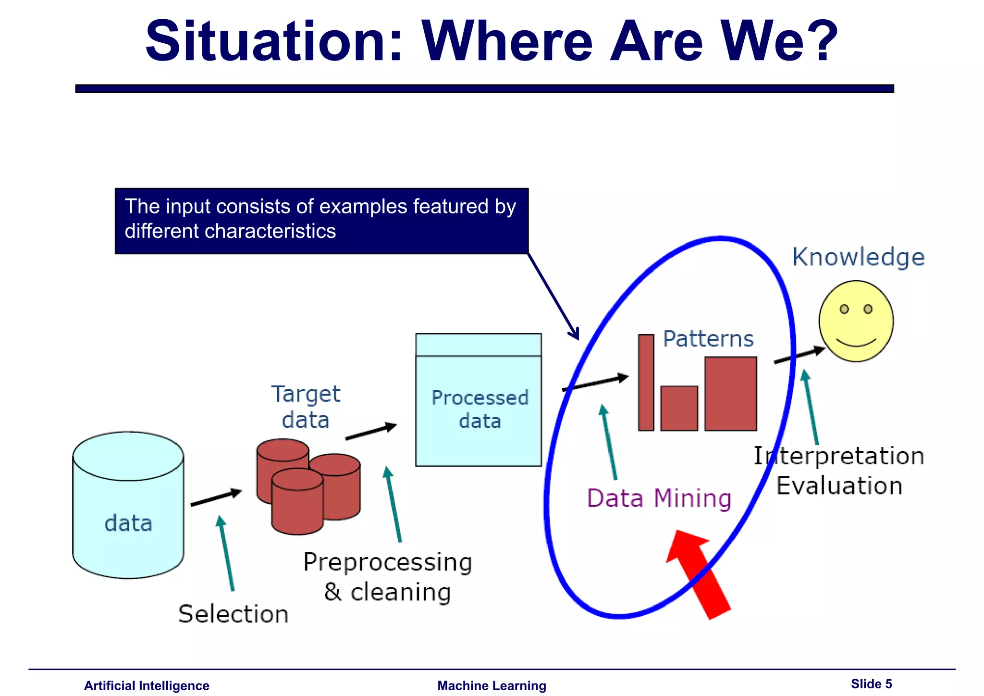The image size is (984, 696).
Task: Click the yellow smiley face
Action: click(856, 321)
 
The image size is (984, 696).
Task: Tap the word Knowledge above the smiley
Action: click(858, 257)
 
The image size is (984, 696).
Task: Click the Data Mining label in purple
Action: click(659, 498)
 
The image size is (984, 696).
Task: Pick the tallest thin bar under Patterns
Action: click(646, 382)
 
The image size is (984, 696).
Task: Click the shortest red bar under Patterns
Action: click(679, 408)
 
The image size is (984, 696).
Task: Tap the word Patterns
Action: click(708, 339)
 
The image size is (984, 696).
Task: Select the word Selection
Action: click(233, 614)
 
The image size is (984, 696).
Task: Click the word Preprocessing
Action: click(388, 562)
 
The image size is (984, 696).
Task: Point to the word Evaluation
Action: click(839, 485)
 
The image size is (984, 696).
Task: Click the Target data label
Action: click(306, 407)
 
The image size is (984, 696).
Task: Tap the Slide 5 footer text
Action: click(871, 684)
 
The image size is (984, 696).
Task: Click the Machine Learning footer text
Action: click(492, 685)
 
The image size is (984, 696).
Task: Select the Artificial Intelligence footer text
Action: click(147, 685)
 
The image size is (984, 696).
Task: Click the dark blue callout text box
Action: click(321, 221)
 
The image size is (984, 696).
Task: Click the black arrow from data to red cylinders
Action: click(216, 497)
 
